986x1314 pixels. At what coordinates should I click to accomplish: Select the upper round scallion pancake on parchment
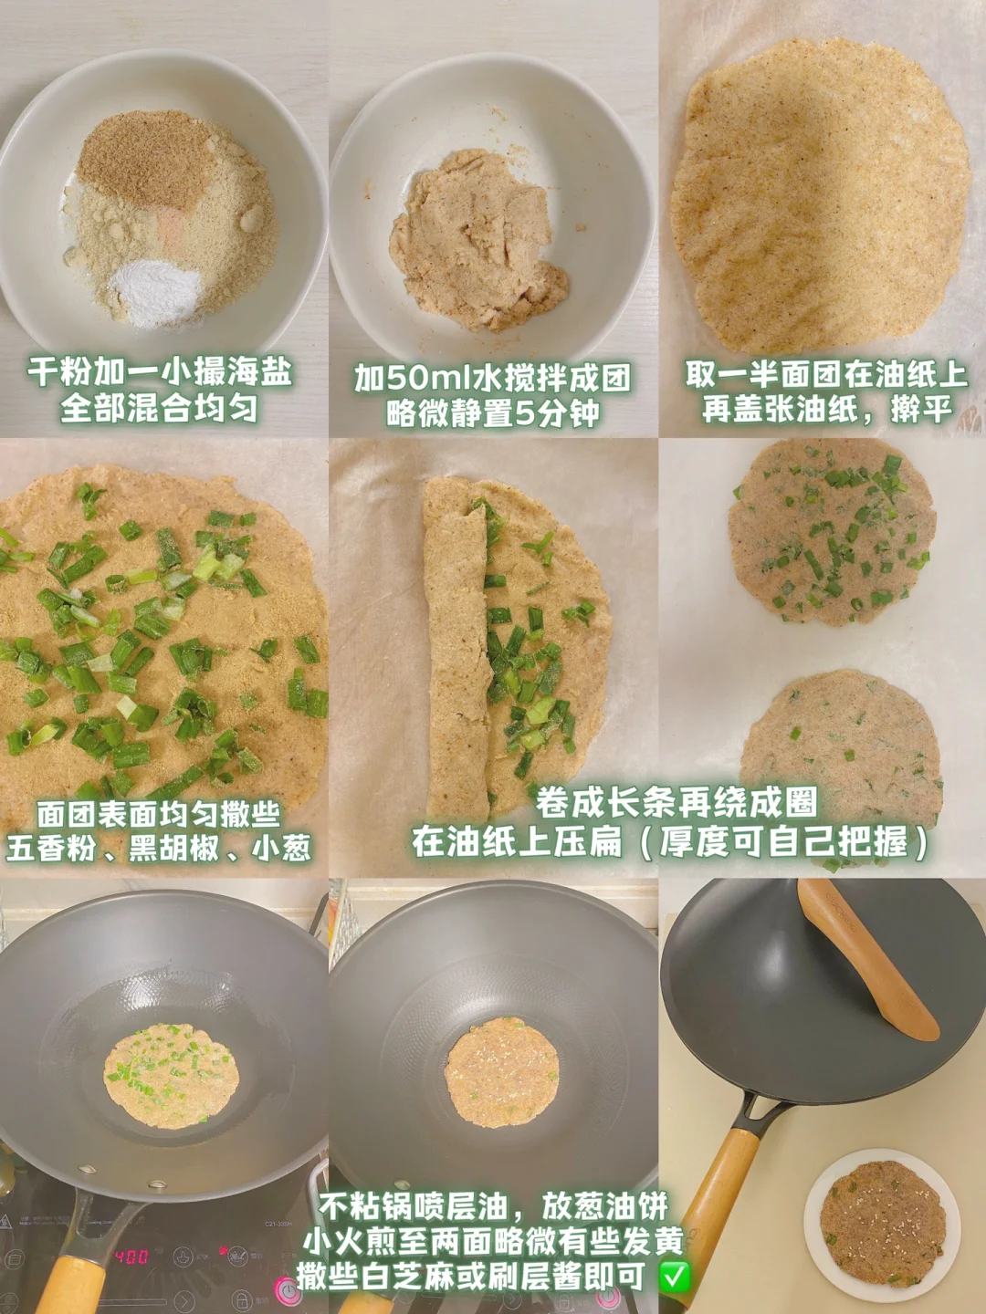[832, 533]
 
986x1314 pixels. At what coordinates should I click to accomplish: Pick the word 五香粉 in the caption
[51, 848]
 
